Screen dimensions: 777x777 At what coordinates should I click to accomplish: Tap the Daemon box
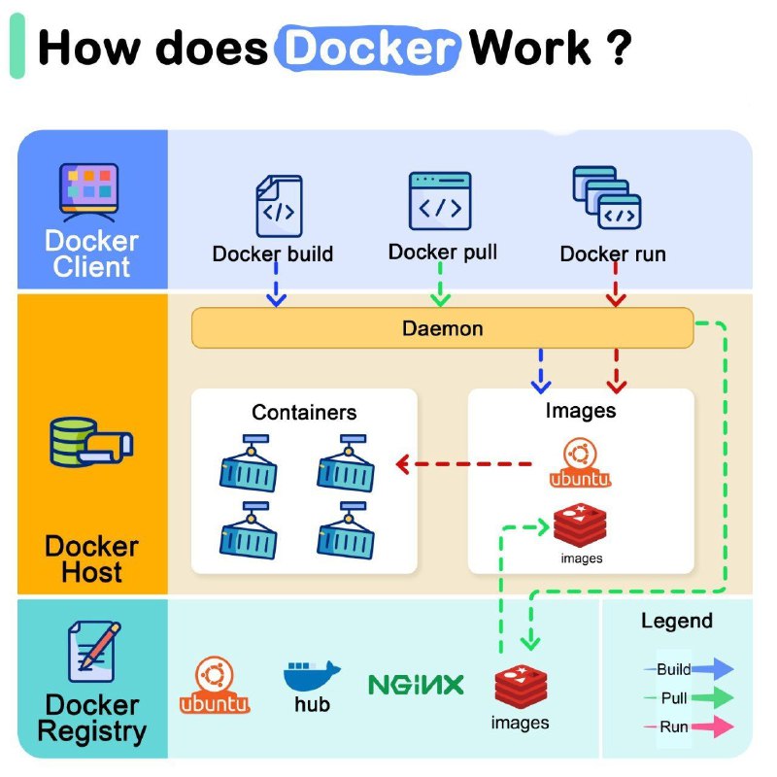point(443,328)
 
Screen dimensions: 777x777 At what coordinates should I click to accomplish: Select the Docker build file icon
point(279,206)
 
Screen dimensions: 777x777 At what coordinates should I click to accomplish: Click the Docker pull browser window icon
point(440,201)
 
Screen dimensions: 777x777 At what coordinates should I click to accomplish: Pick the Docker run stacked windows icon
point(607,197)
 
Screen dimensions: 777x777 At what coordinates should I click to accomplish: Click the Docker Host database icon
point(91,442)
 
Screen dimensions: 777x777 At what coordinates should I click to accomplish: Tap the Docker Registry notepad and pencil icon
point(94,652)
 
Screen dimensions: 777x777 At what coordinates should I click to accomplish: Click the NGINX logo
point(417,685)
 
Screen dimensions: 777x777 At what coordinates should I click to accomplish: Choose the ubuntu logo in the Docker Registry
point(215,685)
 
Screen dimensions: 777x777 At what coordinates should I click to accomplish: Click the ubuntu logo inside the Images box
point(580,462)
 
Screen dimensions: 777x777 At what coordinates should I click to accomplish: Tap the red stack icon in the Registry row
point(521,687)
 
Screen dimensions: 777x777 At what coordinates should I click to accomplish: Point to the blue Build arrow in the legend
point(713,669)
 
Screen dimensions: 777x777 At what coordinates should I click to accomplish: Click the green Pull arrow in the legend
point(713,697)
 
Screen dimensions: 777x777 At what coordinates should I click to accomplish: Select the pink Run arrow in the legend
point(713,726)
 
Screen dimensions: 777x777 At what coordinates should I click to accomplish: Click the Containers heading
point(304,412)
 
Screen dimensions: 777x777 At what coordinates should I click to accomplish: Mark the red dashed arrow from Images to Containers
point(463,464)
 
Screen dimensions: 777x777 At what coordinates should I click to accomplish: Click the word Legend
point(677,621)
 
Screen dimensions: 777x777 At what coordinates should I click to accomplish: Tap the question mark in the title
point(619,47)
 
